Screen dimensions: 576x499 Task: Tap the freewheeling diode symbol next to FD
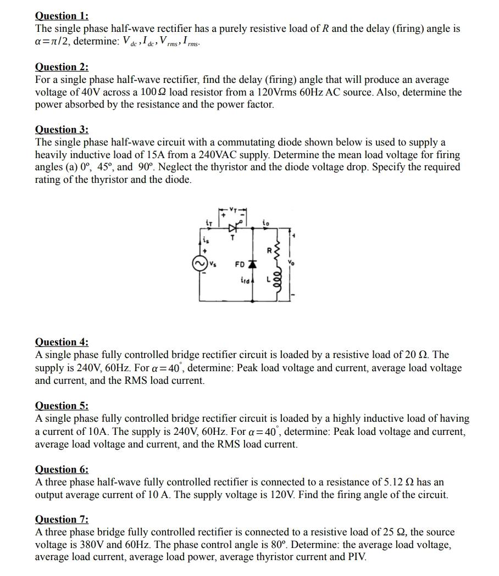tap(252, 264)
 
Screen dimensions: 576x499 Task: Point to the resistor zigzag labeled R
tap(276, 251)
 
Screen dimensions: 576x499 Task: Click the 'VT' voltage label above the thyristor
tap(233, 209)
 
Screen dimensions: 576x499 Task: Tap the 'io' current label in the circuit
tap(266, 223)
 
